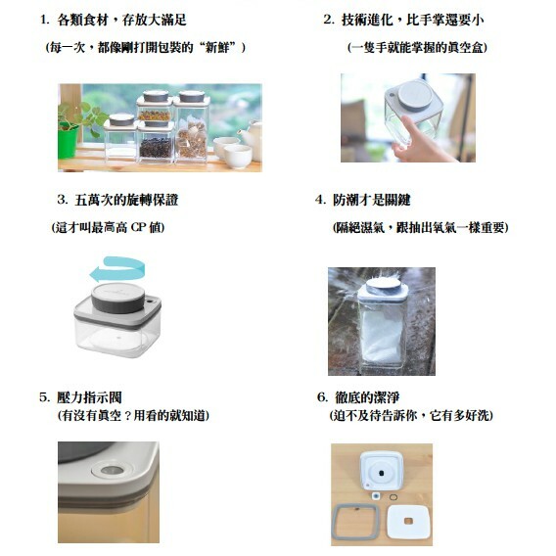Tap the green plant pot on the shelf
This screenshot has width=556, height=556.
[68, 143]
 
